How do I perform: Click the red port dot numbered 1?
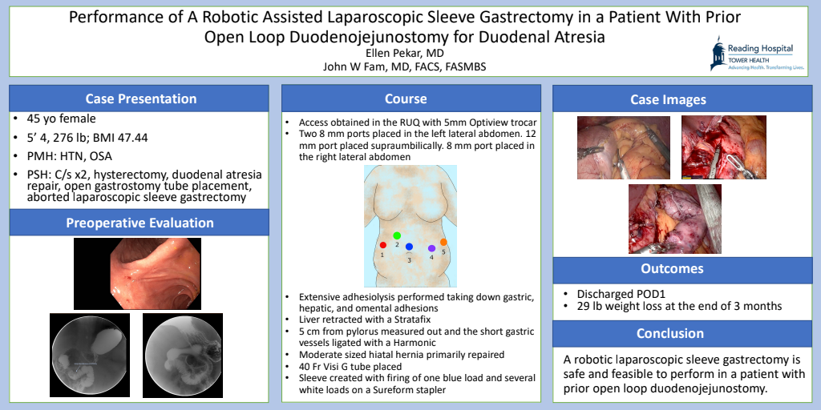pyautogui.click(x=382, y=245)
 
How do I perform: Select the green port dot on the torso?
pyautogui.click(x=397, y=236)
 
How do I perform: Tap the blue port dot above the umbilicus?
pyautogui.click(x=410, y=247)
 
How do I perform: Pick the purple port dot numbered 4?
pyautogui.click(x=432, y=248)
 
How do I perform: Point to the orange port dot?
pyautogui.click(x=443, y=242)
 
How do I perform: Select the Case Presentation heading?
pyautogui.click(x=141, y=98)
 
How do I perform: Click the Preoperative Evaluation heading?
pyautogui.click(x=140, y=223)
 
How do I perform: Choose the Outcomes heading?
pyautogui.click(x=672, y=269)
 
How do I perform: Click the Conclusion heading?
pyautogui.click(x=671, y=334)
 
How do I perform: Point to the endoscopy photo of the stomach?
pyautogui.click(x=137, y=274)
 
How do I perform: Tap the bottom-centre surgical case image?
pyautogui.click(x=675, y=219)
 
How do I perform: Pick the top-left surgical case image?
pyautogui.click(x=624, y=147)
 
